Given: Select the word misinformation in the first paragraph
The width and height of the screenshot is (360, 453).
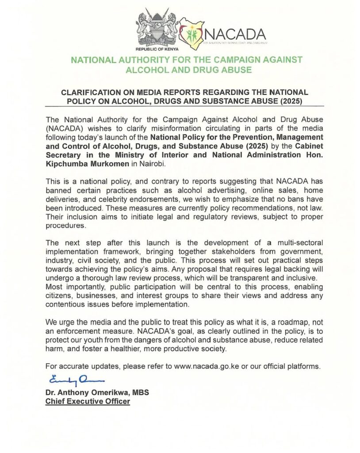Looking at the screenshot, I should [176, 128].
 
